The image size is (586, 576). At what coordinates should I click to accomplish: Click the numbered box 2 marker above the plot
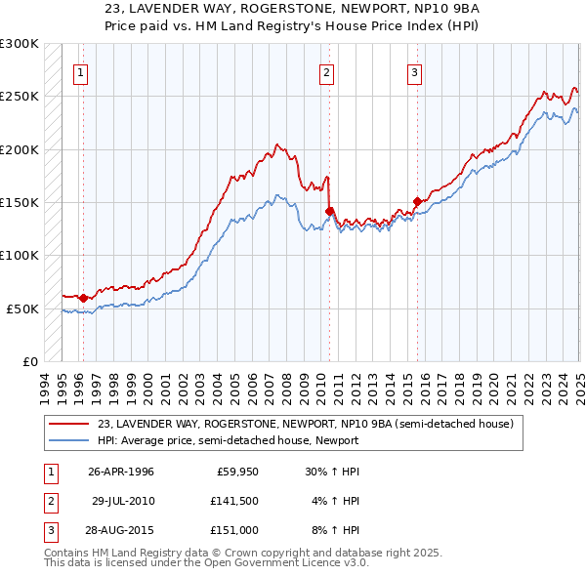pyautogui.click(x=325, y=71)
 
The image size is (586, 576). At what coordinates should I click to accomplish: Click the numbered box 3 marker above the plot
pyautogui.click(x=414, y=71)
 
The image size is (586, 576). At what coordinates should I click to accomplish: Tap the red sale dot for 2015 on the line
pyautogui.click(x=418, y=202)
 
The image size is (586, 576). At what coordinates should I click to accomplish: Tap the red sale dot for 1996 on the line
pyautogui.click(x=83, y=298)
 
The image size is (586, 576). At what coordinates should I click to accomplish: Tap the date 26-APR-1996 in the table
pyautogui.click(x=120, y=472)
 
